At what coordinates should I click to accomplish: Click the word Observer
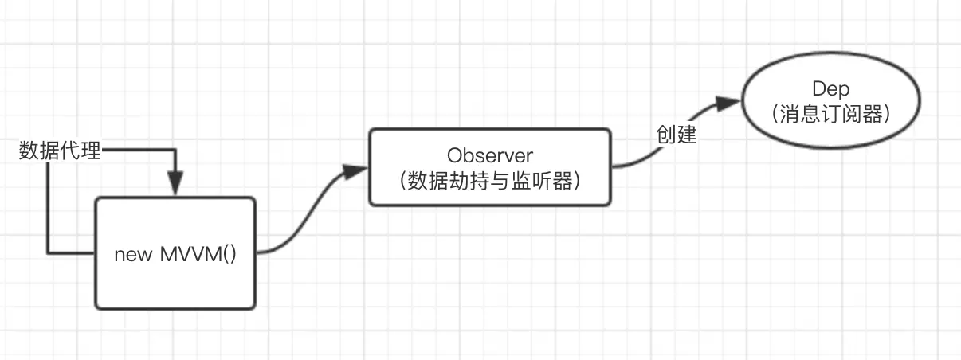point(489,154)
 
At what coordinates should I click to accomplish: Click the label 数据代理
point(60,151)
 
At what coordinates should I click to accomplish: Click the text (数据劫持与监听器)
point(489,181)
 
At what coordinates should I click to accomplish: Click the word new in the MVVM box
point(131,255)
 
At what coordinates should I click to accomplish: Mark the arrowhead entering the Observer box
point(356,169)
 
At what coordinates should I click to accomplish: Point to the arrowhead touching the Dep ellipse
point(729,103)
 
